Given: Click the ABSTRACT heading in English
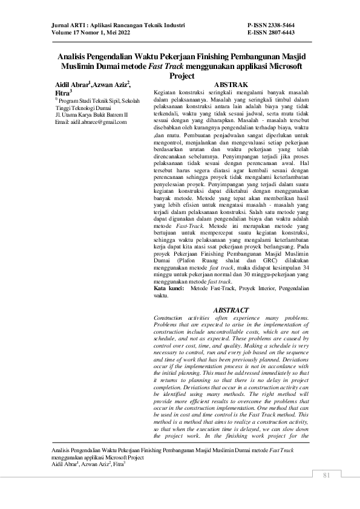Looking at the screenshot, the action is [231, 310].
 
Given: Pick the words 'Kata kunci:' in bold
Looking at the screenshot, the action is [169, 290].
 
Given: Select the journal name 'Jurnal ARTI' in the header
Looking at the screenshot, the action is [66, 25].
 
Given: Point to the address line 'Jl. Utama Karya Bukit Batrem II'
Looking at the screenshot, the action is [91, 114].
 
